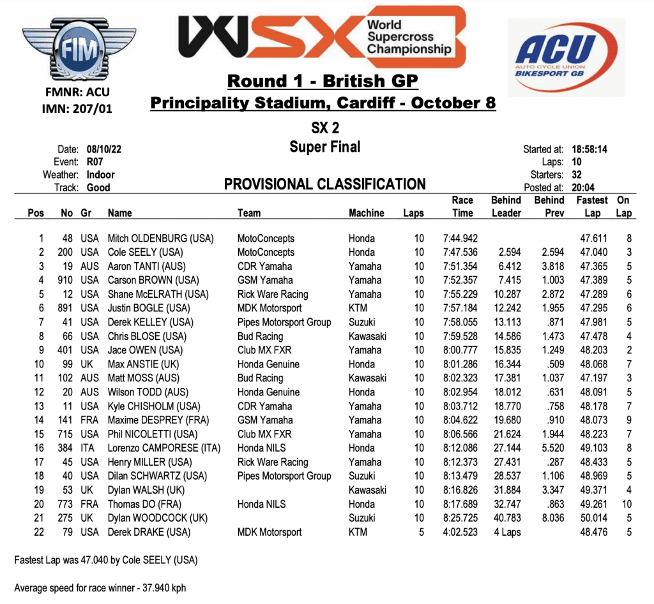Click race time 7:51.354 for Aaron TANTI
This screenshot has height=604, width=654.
point(461,267)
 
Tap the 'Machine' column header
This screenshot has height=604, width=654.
point(366,213)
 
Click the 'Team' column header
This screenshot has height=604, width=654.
point(249,213)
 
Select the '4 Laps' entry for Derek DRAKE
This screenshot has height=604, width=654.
point(506,532)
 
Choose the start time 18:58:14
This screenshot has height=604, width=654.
point(589,150)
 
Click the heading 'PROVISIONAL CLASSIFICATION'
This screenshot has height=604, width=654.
point(324,185)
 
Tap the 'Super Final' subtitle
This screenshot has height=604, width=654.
point(324,147)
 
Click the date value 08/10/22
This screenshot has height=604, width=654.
point(104,149)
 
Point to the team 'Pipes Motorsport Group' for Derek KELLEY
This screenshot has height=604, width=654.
point(284,322)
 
